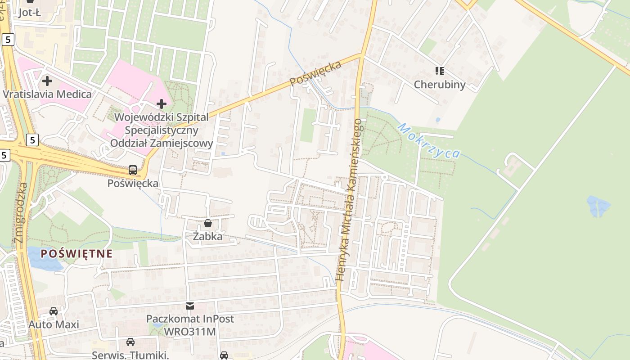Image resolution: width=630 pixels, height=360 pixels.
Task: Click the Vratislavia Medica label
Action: (47, 94)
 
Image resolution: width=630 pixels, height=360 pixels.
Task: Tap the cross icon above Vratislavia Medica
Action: (47, 81)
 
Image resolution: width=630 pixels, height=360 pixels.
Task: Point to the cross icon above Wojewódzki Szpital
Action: (162, 104)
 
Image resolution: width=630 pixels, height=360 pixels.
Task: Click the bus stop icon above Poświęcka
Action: (133, 170)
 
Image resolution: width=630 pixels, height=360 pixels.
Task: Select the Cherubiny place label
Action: (440, 84)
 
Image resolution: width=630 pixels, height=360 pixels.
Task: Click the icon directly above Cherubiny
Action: (440, 71)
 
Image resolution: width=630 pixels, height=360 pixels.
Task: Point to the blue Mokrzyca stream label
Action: (429, 140)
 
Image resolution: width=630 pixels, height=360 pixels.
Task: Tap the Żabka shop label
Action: (207, 236)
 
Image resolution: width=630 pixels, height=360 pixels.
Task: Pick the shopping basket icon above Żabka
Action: (207, 223)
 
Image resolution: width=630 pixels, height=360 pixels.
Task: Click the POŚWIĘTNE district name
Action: (76, 253)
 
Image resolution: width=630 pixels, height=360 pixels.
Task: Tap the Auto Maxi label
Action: (54, 324)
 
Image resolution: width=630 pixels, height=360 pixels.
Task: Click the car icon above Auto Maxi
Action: (54, 311)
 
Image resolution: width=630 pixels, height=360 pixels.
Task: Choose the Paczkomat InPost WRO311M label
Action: (190, 325)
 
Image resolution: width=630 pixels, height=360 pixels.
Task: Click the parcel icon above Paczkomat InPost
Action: (190, 306)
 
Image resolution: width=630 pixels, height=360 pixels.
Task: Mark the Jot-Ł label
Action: (30, 13)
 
